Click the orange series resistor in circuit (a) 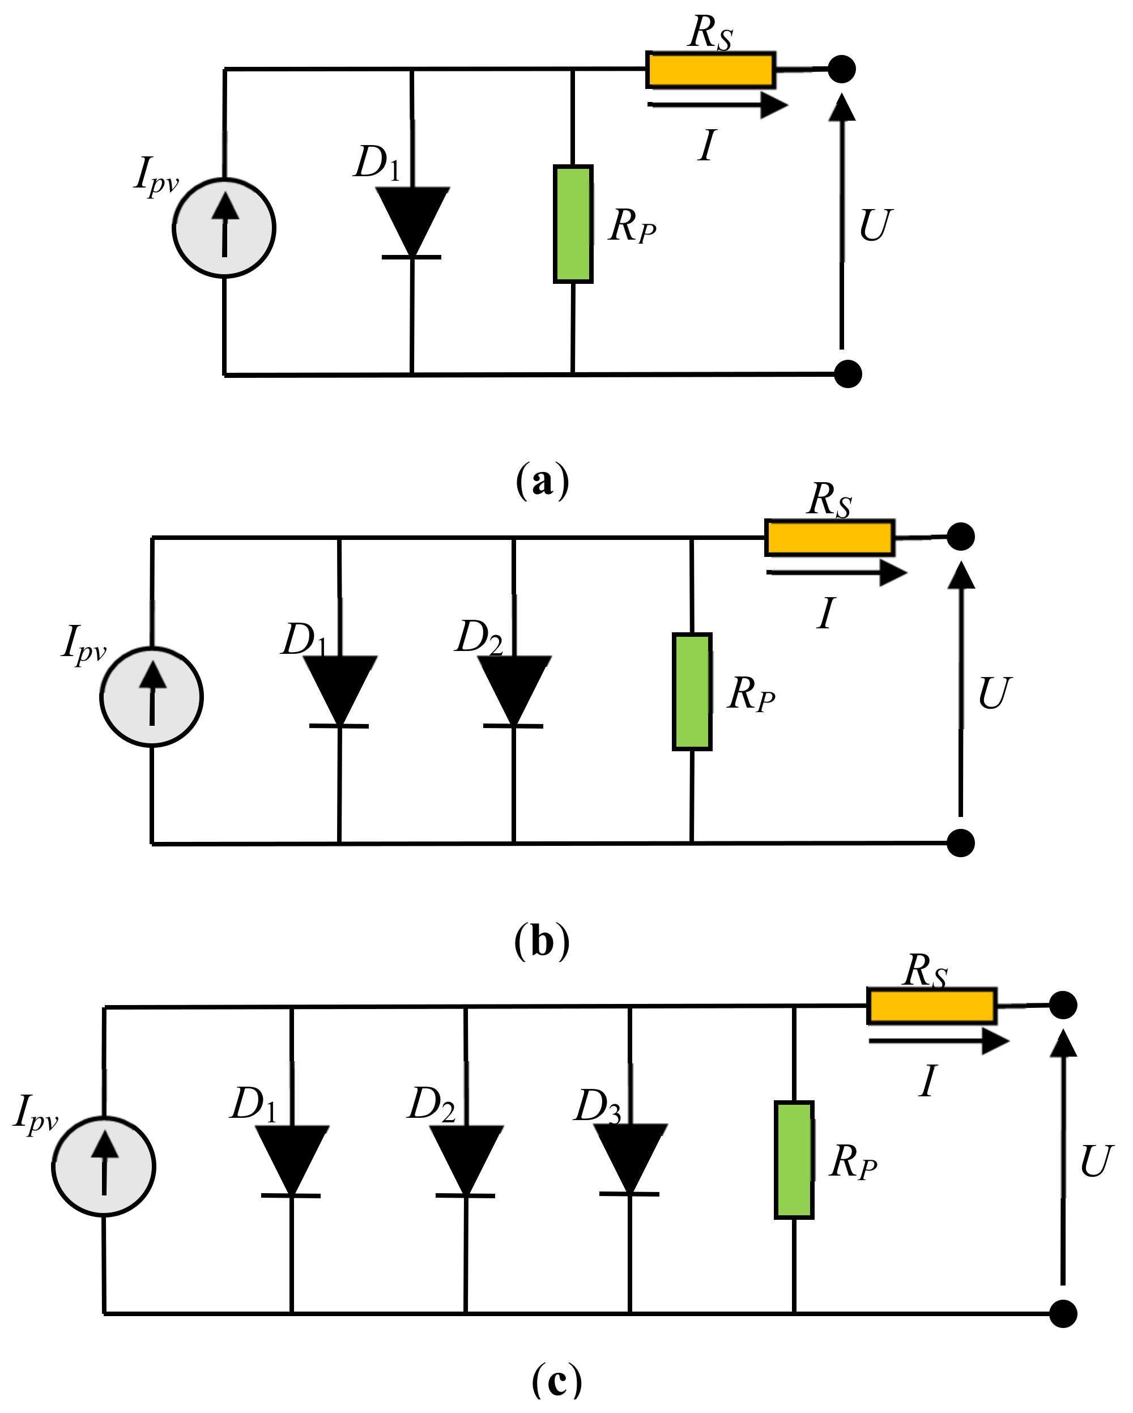pos(710,70)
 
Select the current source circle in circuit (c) pos(104,1167)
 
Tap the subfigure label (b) pos(543,942)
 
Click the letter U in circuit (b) pos(994,693)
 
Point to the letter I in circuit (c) pos(928,1082)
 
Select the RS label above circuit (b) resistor pos(829,501)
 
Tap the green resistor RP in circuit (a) pos(573,224)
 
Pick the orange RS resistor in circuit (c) pos(932,1006)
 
